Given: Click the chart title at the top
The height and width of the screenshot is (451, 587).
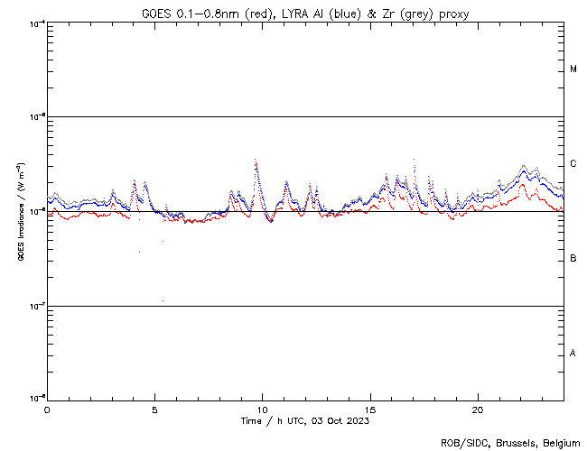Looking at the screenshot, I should click(305, 14).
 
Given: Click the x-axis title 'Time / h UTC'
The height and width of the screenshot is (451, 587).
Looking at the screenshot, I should click(304, 420).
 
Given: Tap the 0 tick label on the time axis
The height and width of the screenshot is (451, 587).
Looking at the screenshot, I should click(47, 409).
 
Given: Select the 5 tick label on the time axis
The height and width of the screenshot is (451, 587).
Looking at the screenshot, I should click(154, 409).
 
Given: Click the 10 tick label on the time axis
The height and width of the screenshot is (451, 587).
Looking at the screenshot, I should click(262, 409).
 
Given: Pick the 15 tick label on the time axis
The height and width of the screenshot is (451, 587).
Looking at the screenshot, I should click(370, 409).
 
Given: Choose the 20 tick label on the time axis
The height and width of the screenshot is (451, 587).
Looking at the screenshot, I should click(478, 409).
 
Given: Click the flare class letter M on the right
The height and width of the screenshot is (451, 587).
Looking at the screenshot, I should click(573, 69).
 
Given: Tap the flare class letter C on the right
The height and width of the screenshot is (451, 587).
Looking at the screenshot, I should click(573, 164).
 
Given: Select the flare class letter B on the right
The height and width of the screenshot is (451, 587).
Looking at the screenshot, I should click(573, 259).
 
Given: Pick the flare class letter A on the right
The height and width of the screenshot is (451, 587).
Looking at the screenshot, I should click(573, 354).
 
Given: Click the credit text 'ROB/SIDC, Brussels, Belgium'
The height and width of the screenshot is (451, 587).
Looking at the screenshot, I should click(510, 442).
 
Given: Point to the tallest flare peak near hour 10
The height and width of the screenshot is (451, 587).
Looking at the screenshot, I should click(256, 160).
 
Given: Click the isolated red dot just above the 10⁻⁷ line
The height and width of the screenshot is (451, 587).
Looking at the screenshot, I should click(163, 300).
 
